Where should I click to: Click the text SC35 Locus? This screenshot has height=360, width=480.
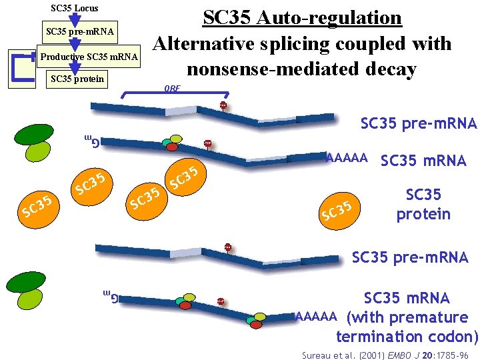coord(75,9)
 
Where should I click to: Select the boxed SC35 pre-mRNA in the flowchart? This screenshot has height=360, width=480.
coord(79,31)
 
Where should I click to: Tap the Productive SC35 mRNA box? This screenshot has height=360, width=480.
coord(89,57)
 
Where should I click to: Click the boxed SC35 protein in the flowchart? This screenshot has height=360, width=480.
coord(77,79)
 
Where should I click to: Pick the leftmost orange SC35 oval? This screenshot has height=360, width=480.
coord(37,206)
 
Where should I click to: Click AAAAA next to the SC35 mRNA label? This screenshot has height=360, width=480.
coord(346,158)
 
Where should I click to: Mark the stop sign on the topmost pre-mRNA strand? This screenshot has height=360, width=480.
coord(223,105)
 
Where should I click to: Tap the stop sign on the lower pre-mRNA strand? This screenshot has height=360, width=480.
coord(228,247)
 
